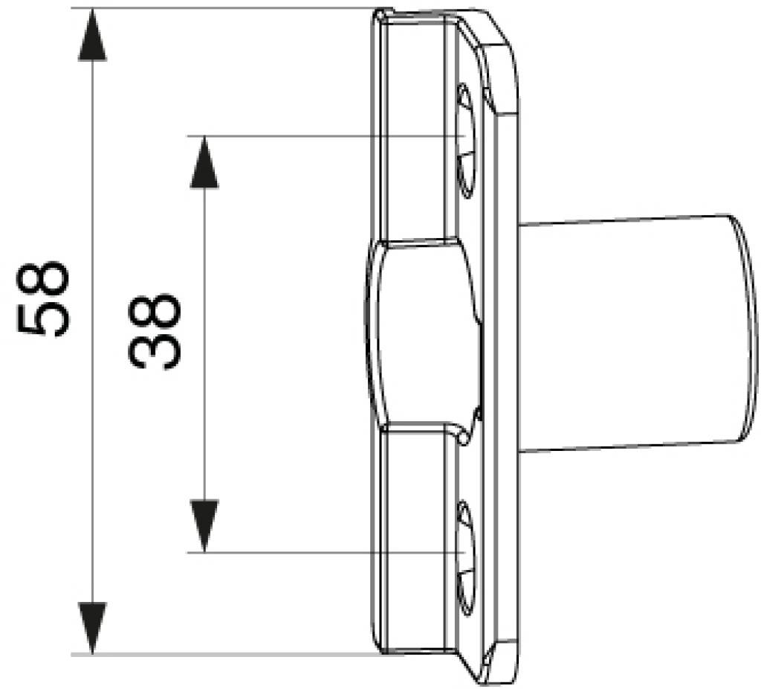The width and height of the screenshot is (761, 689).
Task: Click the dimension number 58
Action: [x=43, y=299]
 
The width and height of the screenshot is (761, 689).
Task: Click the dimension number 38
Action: [x=155, y=331]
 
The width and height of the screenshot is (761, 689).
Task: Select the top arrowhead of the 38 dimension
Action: [x=204, y=161]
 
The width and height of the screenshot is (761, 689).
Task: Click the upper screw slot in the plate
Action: [x=466, y=141]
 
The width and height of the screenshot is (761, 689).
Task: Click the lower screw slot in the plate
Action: [x=466, y=559]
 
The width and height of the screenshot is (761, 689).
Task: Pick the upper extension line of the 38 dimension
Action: [x=326, y=136]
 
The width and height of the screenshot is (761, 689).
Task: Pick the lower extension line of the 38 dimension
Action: [x=326, y=553]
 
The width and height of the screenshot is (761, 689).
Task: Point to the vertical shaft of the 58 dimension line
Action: [x=92, y=331]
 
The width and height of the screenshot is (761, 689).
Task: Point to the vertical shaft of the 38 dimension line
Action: [x=204, y=344]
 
